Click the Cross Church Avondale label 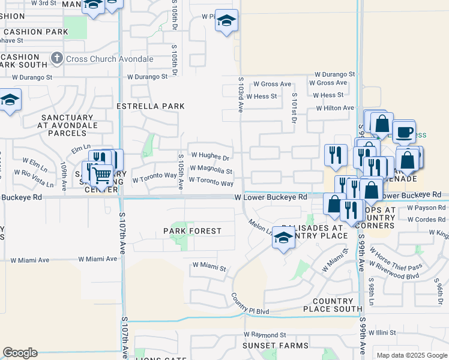tap(110, 59)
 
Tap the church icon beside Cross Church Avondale tap(57, 59)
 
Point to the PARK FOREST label tap(192, 231)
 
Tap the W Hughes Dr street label tap(209, 157)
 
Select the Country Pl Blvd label tap(250, 305)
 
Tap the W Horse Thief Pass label tap(396, 258)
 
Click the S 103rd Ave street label tap(240, 95)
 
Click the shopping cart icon tap(103, 175)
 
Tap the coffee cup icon tap(403, 131)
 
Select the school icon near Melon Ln tap(283, 238)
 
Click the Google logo tap(20, 353)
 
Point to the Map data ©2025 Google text tap(411, 355)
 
